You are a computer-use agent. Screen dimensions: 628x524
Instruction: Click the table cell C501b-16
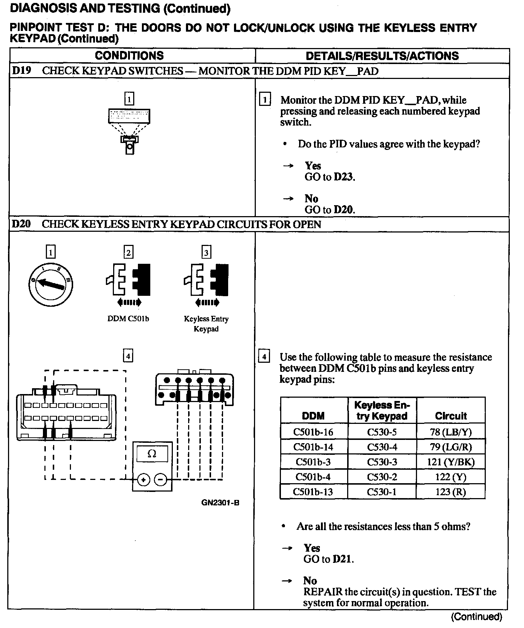click(x=313, y=432)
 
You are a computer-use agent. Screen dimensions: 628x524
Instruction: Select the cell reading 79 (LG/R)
click(x=450, y=447)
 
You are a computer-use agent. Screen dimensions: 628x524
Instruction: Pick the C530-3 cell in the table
click(x=382, y=462)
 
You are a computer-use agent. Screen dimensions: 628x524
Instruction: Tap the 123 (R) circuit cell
click(x=450, y=492)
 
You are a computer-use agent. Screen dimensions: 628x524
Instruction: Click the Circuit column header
click(x=451, y=416)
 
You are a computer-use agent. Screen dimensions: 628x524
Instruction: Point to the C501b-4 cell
click(x=313, y=477)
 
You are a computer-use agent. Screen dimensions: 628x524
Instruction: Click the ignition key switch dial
click(x=51, y=284)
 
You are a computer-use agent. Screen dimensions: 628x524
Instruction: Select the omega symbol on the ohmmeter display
click(x=152, y=454)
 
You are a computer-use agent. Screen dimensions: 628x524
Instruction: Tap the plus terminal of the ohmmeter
click(x=144, y=480)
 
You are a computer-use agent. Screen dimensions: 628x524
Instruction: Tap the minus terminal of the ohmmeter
click(x=161, y=480)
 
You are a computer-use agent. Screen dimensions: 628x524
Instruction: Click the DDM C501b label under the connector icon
click(x=128, y=319)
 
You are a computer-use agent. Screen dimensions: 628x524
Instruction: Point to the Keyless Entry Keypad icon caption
click(x=206, y=323)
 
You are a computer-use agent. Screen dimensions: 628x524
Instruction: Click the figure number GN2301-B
click(x=220, y=503)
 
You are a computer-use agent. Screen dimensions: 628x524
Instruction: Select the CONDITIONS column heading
click(x=129, y=56)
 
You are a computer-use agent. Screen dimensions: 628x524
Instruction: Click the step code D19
click(x=21, y=71)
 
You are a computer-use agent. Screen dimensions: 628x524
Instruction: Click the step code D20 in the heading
click(x=21, y=224)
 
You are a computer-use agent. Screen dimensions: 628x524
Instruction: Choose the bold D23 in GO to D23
click(x=344, y=177)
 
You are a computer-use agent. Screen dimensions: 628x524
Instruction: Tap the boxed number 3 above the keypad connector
click(x=206, y=253)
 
